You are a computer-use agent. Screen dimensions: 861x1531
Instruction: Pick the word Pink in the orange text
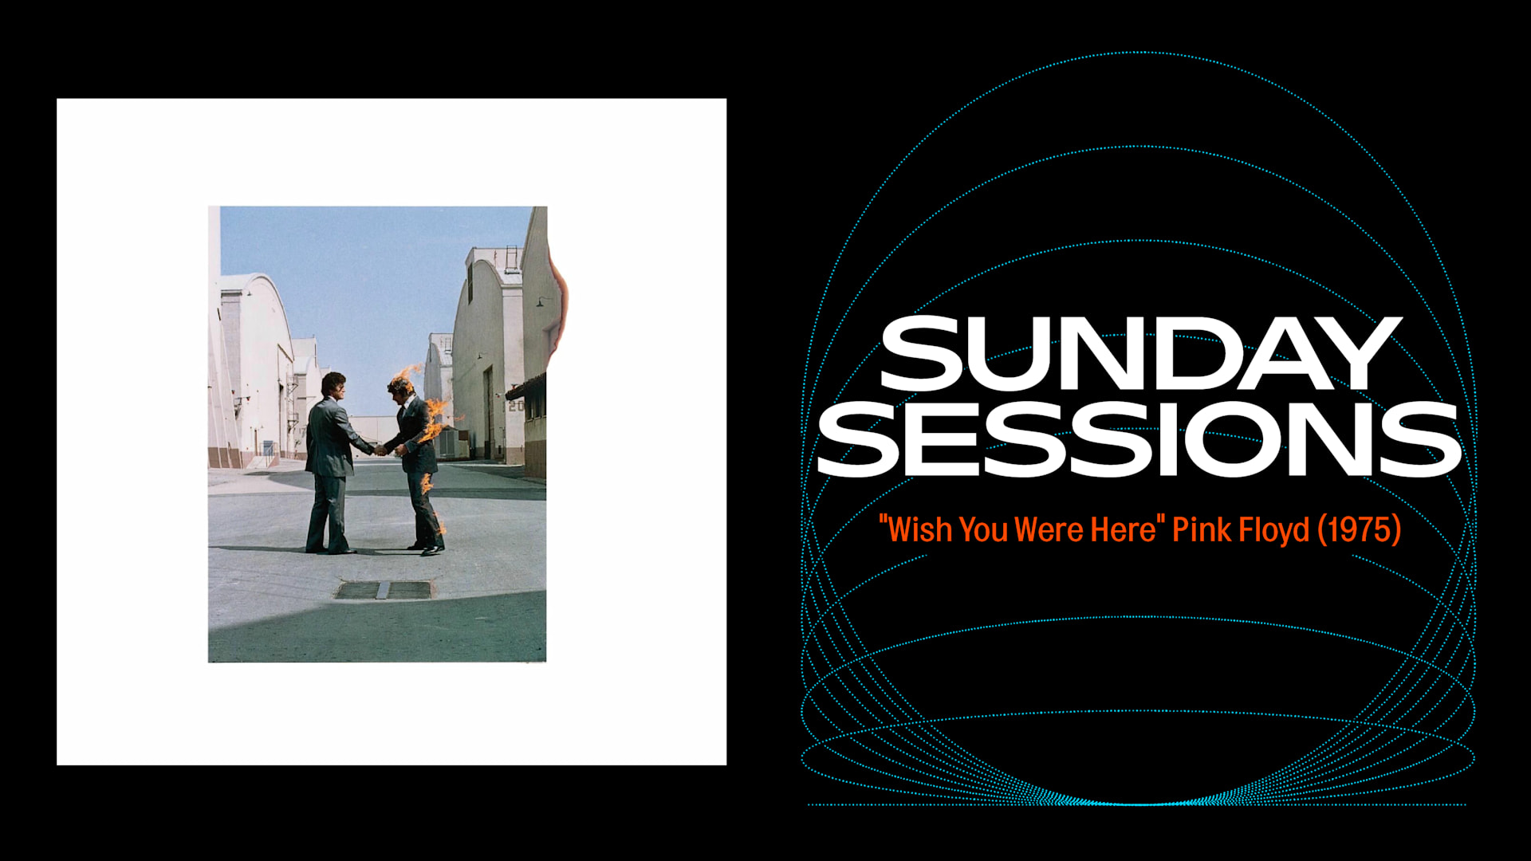point(1201,530)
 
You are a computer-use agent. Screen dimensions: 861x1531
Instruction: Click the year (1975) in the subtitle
point(1359,530)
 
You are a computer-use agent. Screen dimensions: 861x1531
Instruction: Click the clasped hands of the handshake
point(380,450)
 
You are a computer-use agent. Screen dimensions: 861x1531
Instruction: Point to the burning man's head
point(400,387)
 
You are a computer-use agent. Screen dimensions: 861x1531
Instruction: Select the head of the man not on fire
point(333,385)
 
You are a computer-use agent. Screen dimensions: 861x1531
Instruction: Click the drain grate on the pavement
point(384,590)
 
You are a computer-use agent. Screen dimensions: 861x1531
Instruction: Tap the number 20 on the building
point(516,406)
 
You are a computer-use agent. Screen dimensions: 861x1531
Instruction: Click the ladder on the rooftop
point(510,258)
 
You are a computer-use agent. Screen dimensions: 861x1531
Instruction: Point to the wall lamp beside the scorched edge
point(541,301)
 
